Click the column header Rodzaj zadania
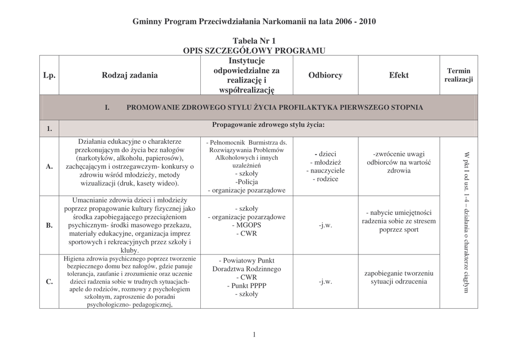pos(130,75)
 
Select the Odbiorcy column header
pos(325,75)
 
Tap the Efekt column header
pos(399,75)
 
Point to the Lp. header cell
pos(49,75)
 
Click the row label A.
pos(49,167)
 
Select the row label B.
pos(49,225)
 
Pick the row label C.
pos(49,282)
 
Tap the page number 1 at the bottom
pos(254,335)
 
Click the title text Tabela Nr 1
pos(254,40)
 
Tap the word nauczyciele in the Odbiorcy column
pos(325,171)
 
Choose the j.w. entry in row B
pos(325,225)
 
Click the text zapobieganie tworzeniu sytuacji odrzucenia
pos(399,278)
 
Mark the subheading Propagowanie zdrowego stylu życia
pos(268,125)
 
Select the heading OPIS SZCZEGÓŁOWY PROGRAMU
pos(254,50)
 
